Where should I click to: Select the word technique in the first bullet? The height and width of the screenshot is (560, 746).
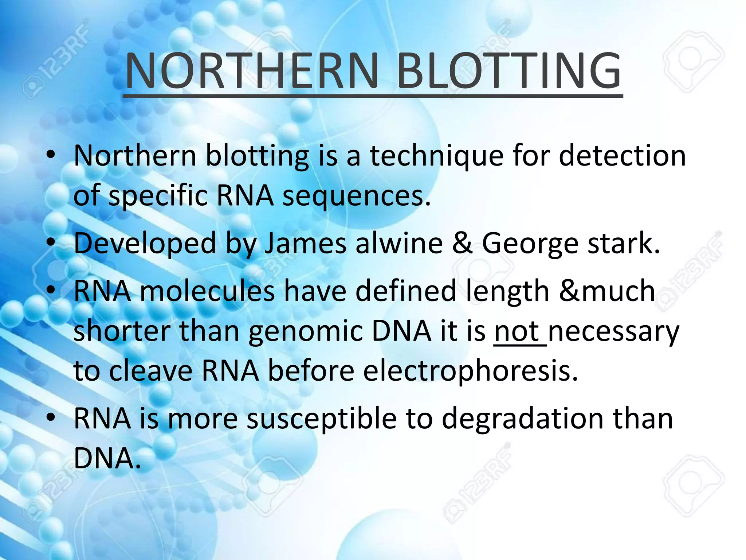click(436, 156)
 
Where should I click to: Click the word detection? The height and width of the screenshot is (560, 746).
click(622, 156)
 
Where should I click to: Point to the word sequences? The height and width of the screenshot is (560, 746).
click(356, 196)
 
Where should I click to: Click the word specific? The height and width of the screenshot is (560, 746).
click(158, 196)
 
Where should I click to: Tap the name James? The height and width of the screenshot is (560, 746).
click(305, 244)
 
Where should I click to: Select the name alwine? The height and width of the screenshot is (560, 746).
click(399, 244)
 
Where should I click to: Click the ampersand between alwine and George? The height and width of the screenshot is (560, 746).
click(462, 244)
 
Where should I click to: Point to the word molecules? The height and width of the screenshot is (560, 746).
click(207, 291)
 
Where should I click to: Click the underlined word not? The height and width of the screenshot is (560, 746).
click(517, 332)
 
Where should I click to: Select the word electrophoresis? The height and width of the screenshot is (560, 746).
click(471, 371)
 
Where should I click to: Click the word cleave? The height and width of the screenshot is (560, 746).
click(151, 371)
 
